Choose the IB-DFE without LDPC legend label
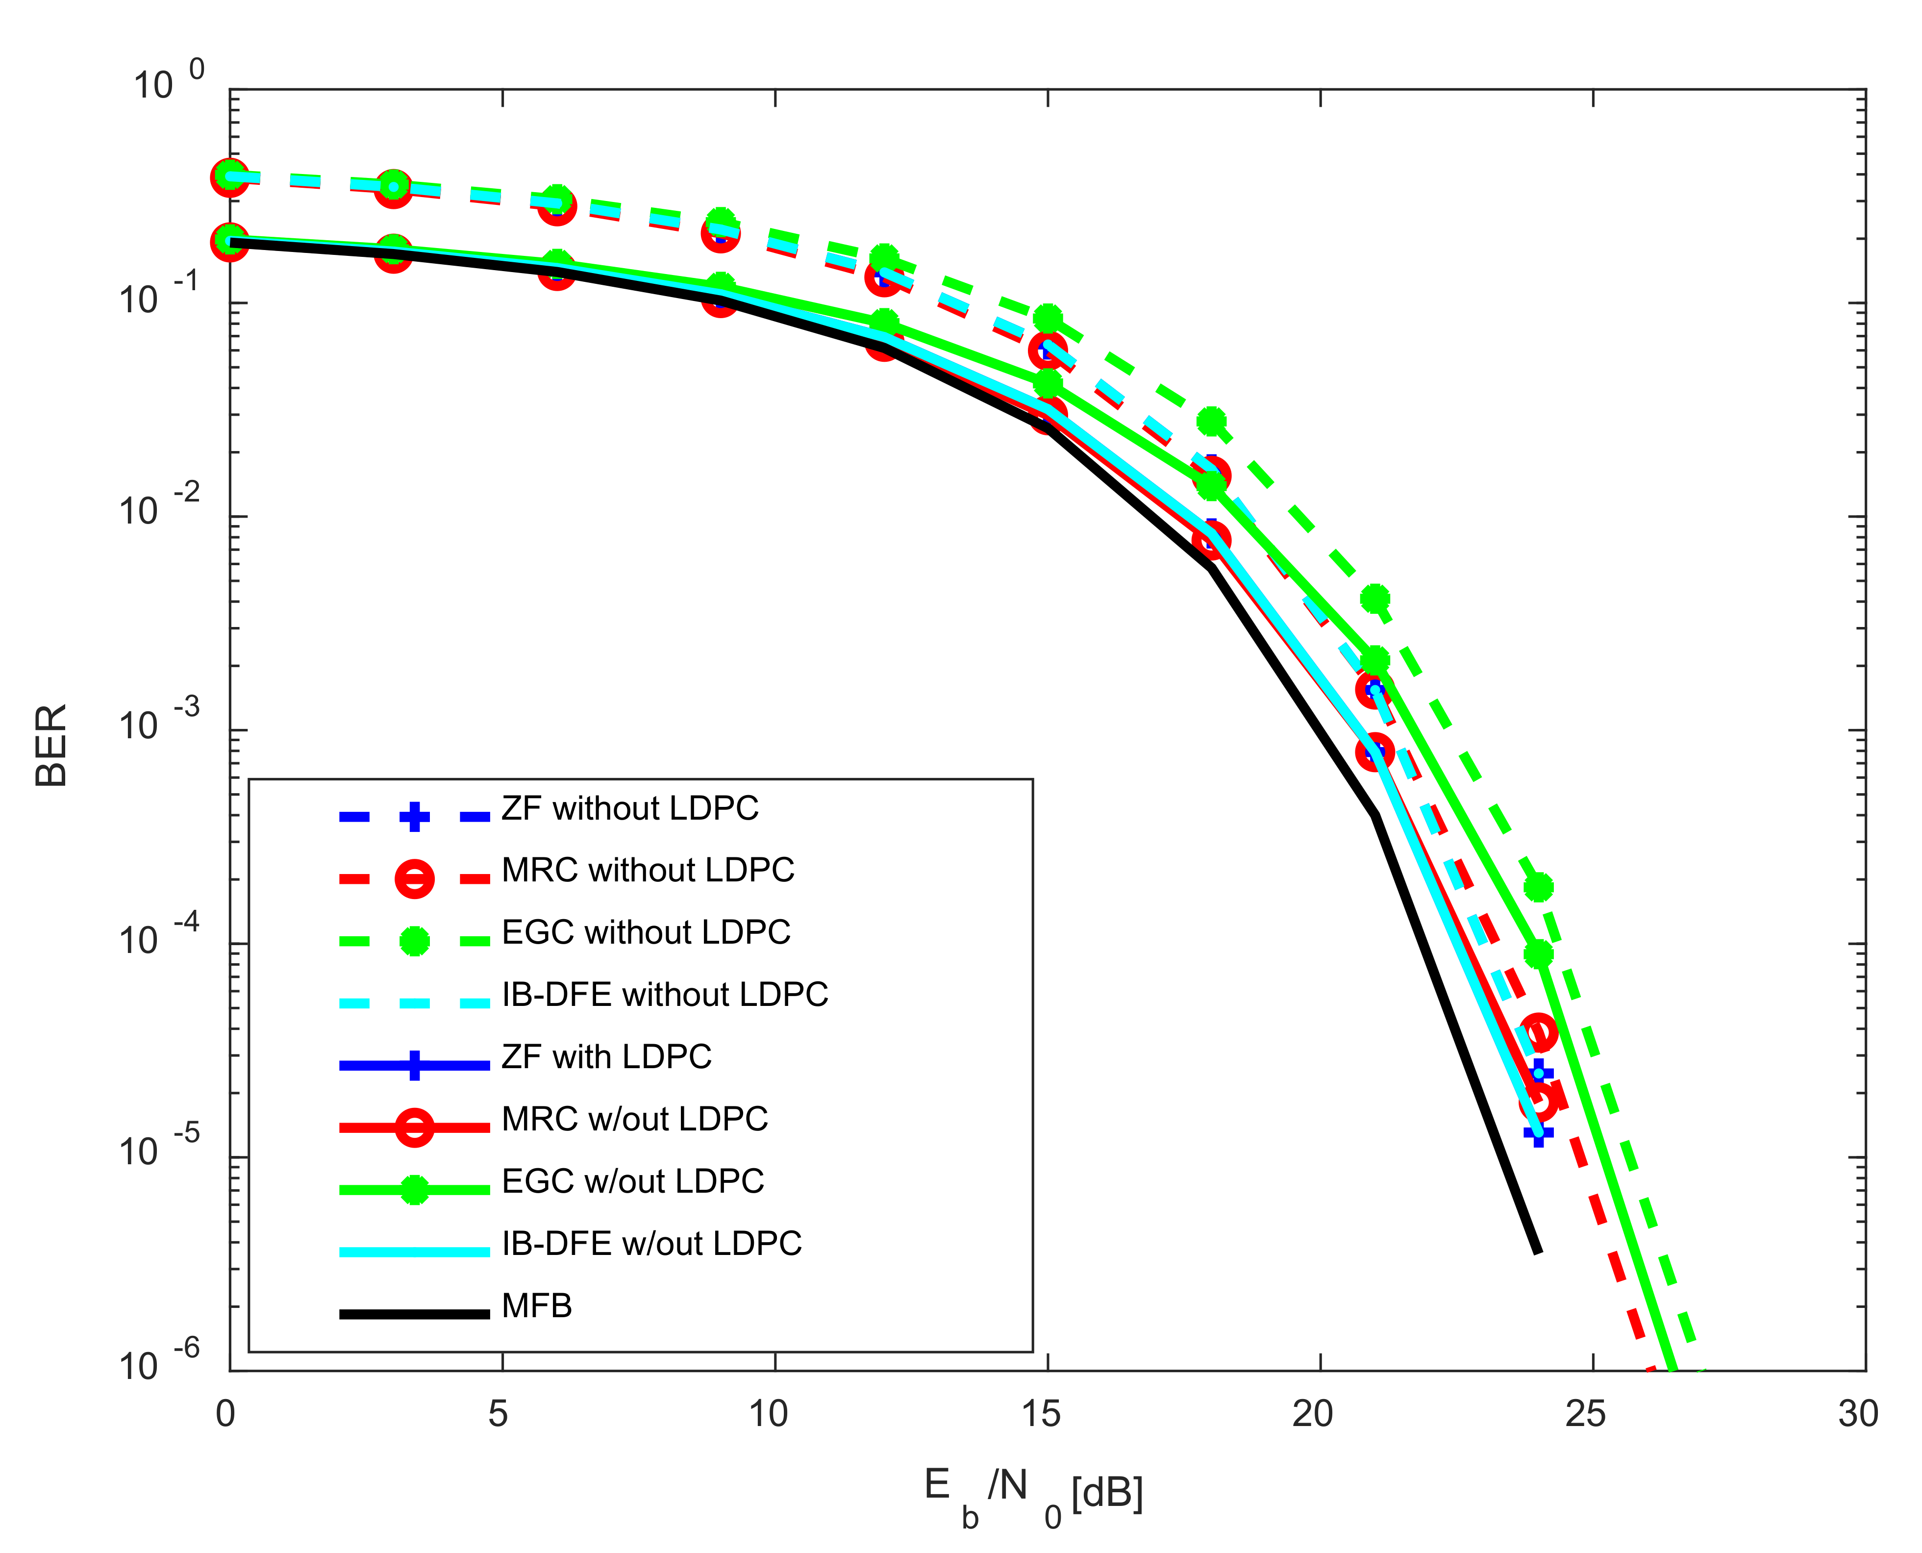665,995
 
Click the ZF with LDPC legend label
606,1057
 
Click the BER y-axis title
51,745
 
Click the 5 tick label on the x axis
498,1414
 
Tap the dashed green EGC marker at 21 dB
1374,598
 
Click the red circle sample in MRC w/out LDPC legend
414,1127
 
